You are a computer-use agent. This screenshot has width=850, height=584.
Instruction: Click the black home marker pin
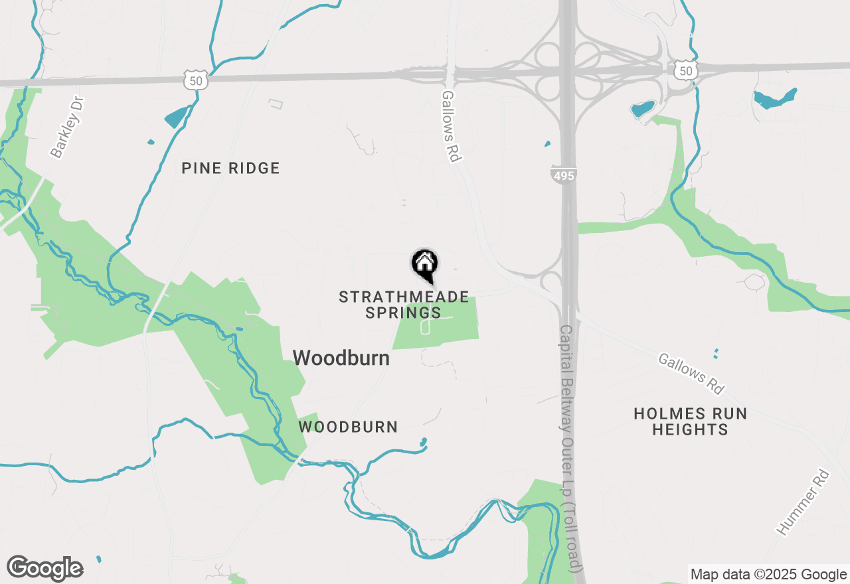click(x=425, y=265)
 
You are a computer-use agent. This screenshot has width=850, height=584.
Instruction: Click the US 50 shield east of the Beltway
click(x=684, y=70)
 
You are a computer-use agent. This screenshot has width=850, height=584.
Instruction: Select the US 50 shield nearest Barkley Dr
click(x=197, y=80)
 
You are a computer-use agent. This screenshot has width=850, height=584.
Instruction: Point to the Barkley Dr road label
click(x=68, y=127)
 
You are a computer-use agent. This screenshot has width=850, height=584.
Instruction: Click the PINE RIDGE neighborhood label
click(x=230, y=169)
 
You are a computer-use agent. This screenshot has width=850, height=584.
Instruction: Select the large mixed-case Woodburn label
click(x=341, y=358)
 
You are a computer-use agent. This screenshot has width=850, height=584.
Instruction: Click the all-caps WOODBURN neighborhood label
click(x=348, y=427)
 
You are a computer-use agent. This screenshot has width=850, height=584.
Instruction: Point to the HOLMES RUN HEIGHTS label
click(x=690, y=421)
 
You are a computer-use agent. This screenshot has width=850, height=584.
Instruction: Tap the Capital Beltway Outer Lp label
click(x=571, y=449)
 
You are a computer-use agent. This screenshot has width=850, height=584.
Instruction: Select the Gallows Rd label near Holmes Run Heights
click(x=691, y=374)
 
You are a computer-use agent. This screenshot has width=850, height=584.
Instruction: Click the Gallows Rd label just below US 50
click(x=452, y=126)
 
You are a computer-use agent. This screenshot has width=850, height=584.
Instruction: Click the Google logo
click(x=44, y=569)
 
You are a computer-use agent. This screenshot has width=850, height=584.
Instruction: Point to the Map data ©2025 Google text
click(x=768, y=575)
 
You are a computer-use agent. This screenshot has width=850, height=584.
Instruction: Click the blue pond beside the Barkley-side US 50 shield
click(x=177, y=117)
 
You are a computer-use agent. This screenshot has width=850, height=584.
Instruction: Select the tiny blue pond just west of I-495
click(x=547, y=143)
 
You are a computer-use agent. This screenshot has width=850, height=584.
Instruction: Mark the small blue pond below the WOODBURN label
click(x=422, y=441)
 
